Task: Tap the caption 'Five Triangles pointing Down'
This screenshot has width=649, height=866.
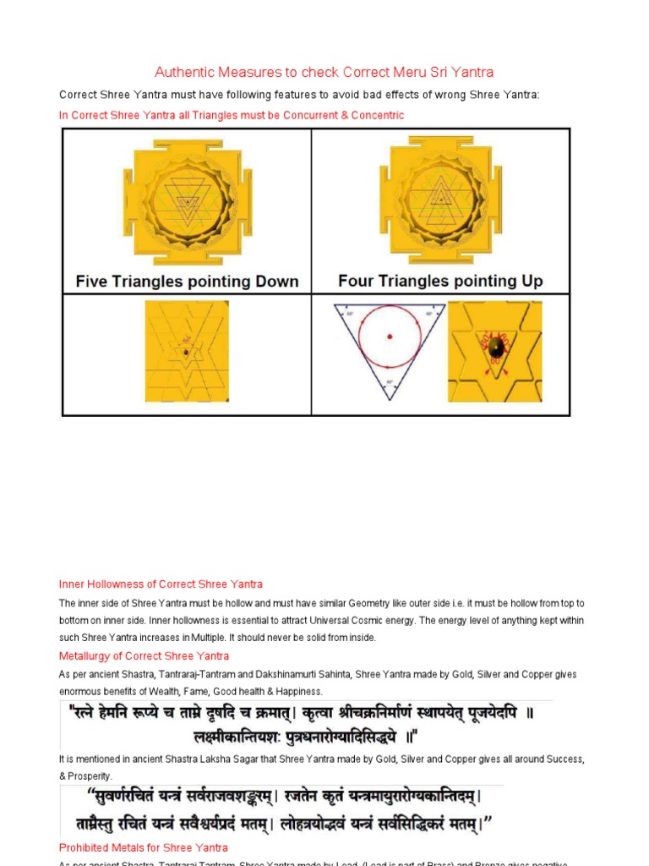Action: pos(187,281)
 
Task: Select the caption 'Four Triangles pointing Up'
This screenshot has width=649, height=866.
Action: pos(439,281)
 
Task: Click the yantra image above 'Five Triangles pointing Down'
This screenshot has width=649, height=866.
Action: pos(187,200)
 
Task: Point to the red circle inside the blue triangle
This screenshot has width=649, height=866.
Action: pos(390,337)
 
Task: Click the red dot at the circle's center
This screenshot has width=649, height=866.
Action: pos(390,337)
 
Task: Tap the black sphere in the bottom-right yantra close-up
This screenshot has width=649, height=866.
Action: pos(498,347)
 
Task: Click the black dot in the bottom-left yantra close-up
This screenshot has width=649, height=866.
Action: pos(186,351)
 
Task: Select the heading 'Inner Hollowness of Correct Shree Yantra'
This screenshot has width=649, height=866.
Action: pos(161,584)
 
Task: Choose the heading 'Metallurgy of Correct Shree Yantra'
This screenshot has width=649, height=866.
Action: pos(144,656)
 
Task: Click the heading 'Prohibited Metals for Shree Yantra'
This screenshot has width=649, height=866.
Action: pos(143,847)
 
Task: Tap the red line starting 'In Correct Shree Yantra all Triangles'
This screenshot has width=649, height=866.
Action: pos(232,115)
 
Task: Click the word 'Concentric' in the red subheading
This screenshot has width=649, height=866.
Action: pos(378,115)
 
